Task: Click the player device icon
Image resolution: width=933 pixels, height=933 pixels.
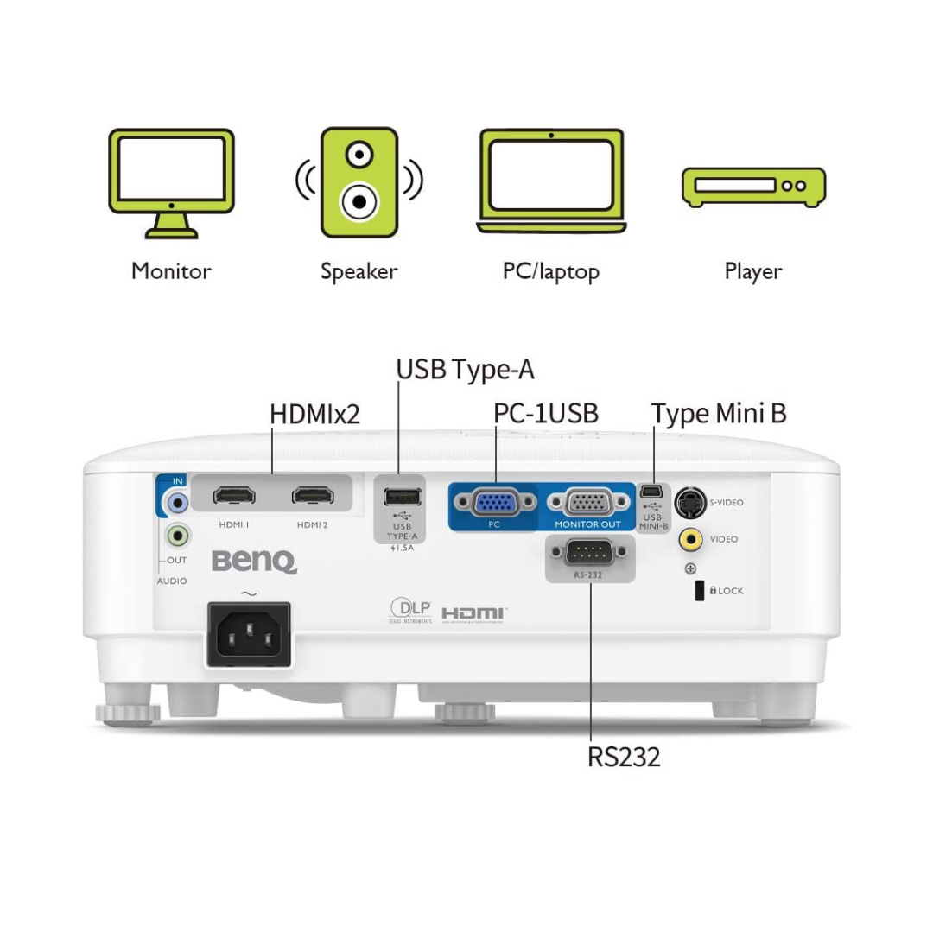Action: point(753,187)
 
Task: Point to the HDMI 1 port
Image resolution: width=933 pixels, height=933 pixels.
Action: point(234,496)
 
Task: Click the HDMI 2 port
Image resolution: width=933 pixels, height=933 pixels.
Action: point(313,496)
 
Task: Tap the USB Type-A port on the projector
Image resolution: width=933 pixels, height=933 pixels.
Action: point(402,497)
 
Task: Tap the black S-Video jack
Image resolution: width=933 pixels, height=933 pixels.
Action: point(689,501)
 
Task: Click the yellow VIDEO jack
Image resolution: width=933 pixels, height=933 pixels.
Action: point(689,539)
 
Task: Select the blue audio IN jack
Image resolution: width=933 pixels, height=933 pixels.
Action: point(178,501)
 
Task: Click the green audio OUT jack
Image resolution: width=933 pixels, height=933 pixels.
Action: point(178,536)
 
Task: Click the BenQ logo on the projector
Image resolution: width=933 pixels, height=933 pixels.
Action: point(254,562)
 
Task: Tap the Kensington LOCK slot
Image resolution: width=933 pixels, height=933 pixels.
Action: point(699,591)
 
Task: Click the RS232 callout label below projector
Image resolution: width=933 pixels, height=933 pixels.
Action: point(624,757)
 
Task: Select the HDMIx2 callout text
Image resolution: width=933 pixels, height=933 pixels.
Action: point(314,414)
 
